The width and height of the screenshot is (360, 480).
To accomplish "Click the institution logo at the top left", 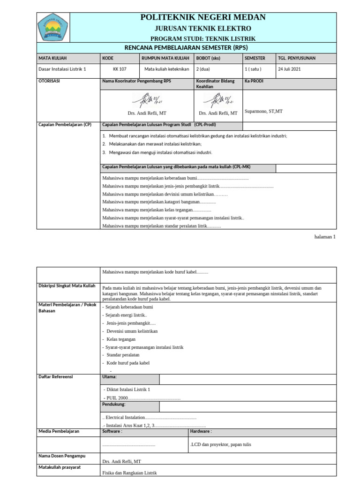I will point(52,28).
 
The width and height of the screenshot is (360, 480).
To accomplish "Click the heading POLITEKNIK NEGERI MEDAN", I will point(203,17).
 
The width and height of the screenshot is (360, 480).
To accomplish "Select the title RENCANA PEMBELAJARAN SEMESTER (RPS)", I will point(186,48).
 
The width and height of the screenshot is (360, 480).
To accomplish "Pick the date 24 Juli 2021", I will point(289,69).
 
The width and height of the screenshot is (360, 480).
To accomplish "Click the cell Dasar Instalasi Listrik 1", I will point(62,69).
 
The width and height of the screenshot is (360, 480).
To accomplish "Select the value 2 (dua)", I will point(203,69).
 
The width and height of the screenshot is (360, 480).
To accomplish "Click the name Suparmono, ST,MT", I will point(263,112).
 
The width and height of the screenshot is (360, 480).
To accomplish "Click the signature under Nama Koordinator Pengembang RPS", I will point(147,100).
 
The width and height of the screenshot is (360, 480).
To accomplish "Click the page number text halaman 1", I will point(325,237).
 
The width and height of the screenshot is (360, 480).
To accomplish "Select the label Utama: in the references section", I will point(109,376).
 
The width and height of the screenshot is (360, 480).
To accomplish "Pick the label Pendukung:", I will point(113,404).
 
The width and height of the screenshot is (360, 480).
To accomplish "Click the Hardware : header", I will point(201,431).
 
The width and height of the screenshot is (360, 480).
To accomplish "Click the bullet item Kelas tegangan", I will point(121,339).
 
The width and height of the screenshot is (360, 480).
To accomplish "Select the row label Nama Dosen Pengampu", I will point(62,456).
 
